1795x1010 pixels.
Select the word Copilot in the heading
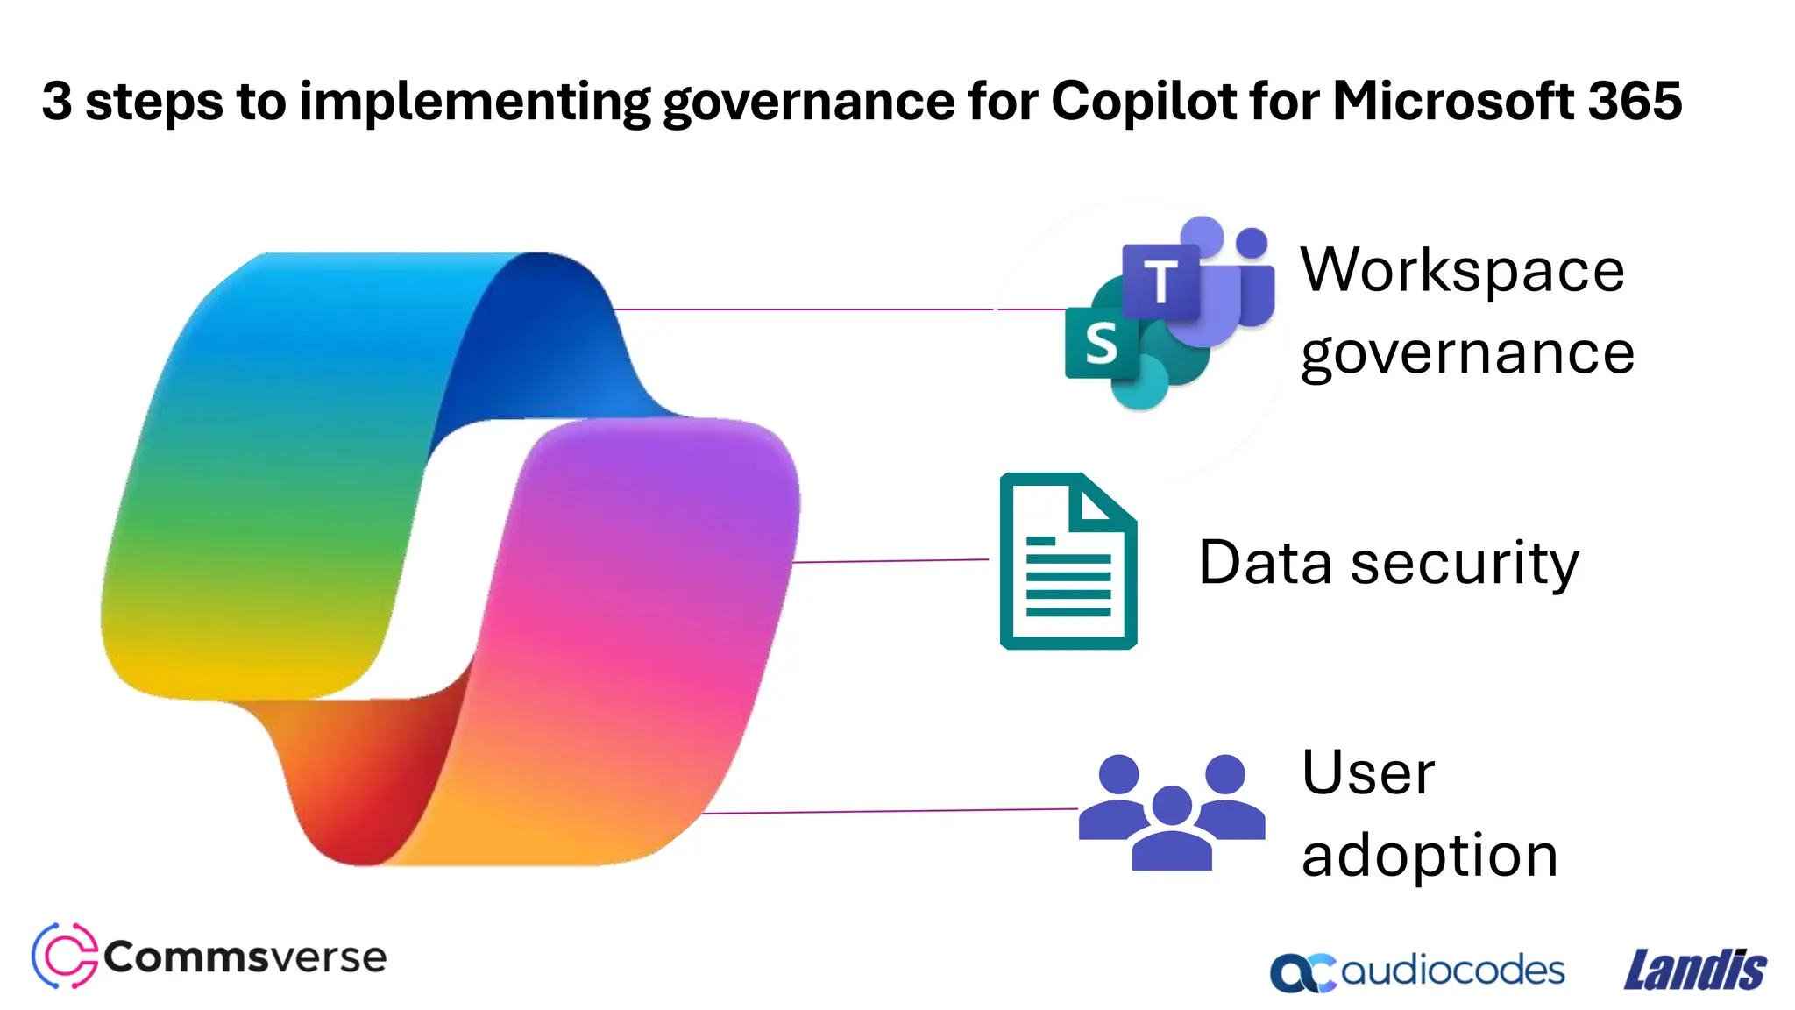[x=1144, y=101]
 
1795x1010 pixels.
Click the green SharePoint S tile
[x=1101, y=343]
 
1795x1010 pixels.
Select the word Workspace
[x=1462, y=270]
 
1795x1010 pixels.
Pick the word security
[x=1465, y=564]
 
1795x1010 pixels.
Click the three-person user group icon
[x=1172, y=811]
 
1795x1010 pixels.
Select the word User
[x=1368, y=773]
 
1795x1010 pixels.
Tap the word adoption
[x=1430, y=857]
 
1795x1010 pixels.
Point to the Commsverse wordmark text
[x=245, y=957]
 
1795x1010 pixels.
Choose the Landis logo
[x=1695, y=971]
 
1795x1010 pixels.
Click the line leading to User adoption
[x=890, y=811]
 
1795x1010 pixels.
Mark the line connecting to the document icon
[x=890, y=560]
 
